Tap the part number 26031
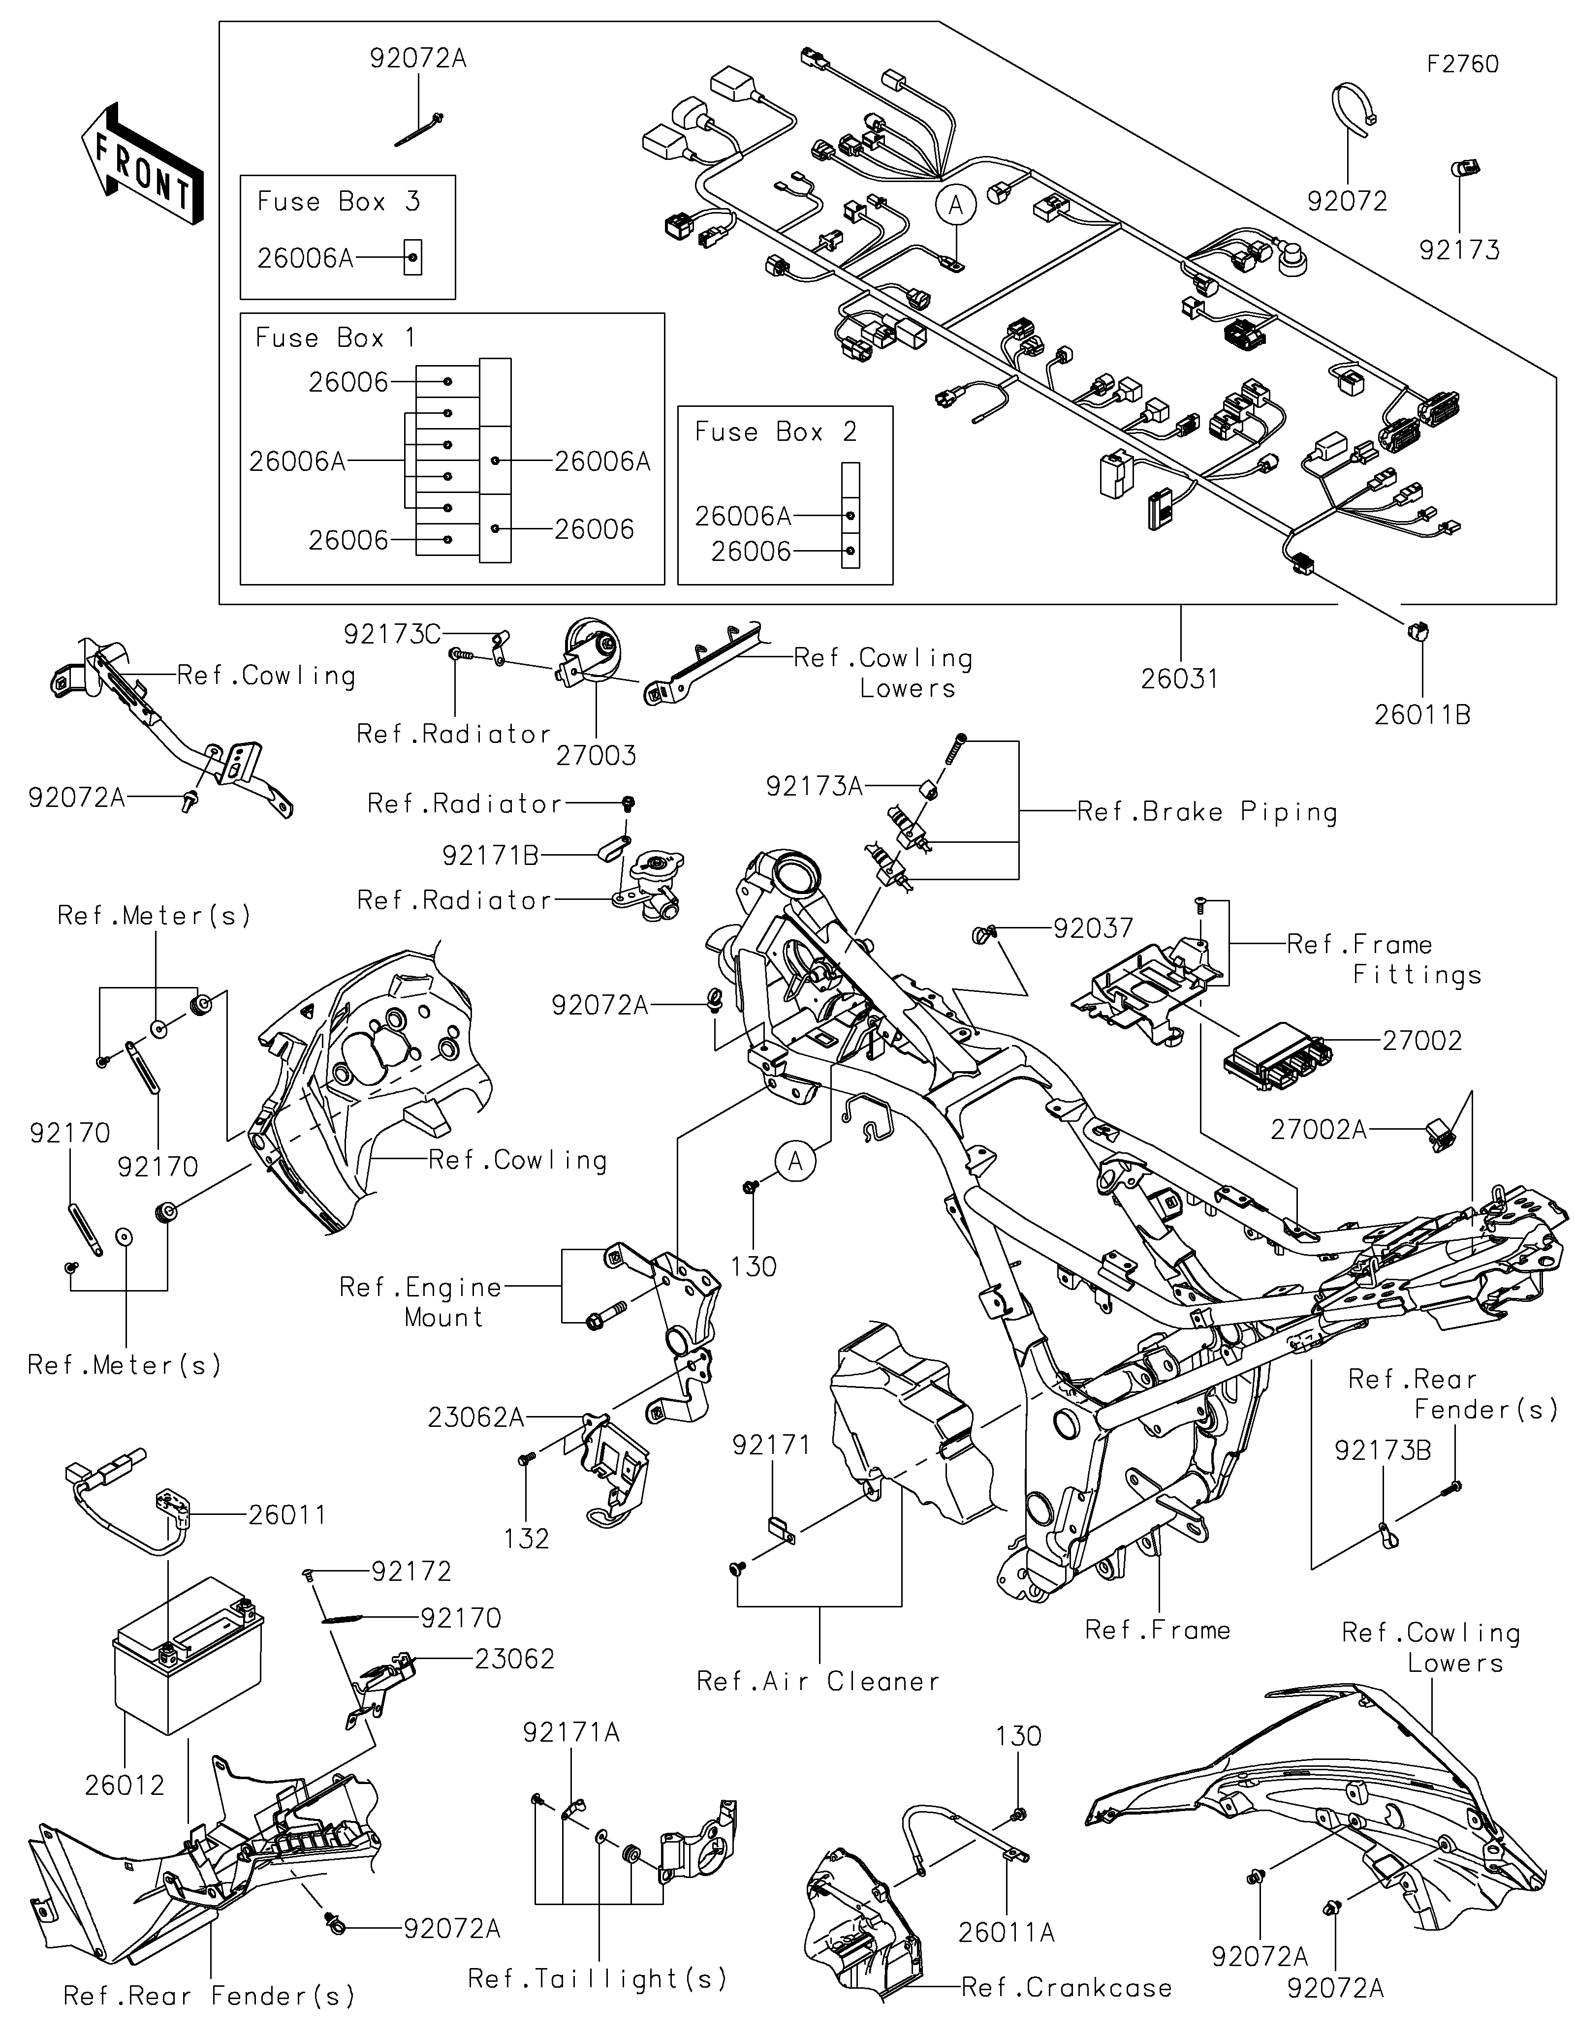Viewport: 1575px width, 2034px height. [1179, 679]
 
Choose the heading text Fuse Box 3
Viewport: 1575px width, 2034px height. [338, 202]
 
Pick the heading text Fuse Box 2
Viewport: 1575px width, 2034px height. [775, 432]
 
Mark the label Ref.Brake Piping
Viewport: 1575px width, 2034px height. [1207, 812]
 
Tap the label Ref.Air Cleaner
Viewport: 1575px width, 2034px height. [818, 1682]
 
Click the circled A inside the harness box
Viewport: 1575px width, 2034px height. [956, 204]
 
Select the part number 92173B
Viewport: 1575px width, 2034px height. [1382, 1451]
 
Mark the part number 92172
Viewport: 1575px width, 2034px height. [411, 1572]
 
